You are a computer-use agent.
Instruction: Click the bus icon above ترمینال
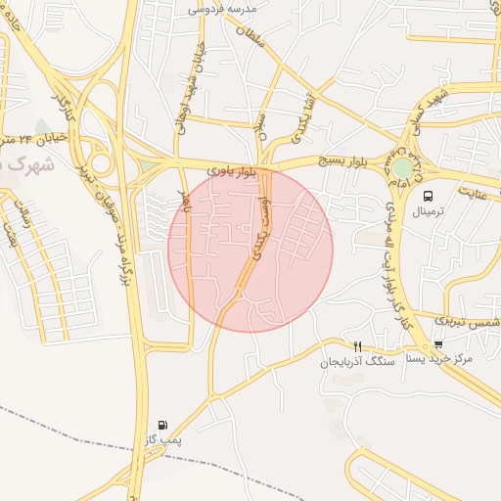(x=428, y=196)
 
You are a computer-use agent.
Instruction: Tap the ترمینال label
(x=428, y=211)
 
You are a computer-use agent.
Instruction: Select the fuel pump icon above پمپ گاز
(x=161, y=426)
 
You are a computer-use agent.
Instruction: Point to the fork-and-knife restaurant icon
(x=357, y=346)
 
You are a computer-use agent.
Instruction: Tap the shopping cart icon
(x=437, y=344)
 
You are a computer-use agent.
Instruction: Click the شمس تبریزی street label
(x=469, y=321)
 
